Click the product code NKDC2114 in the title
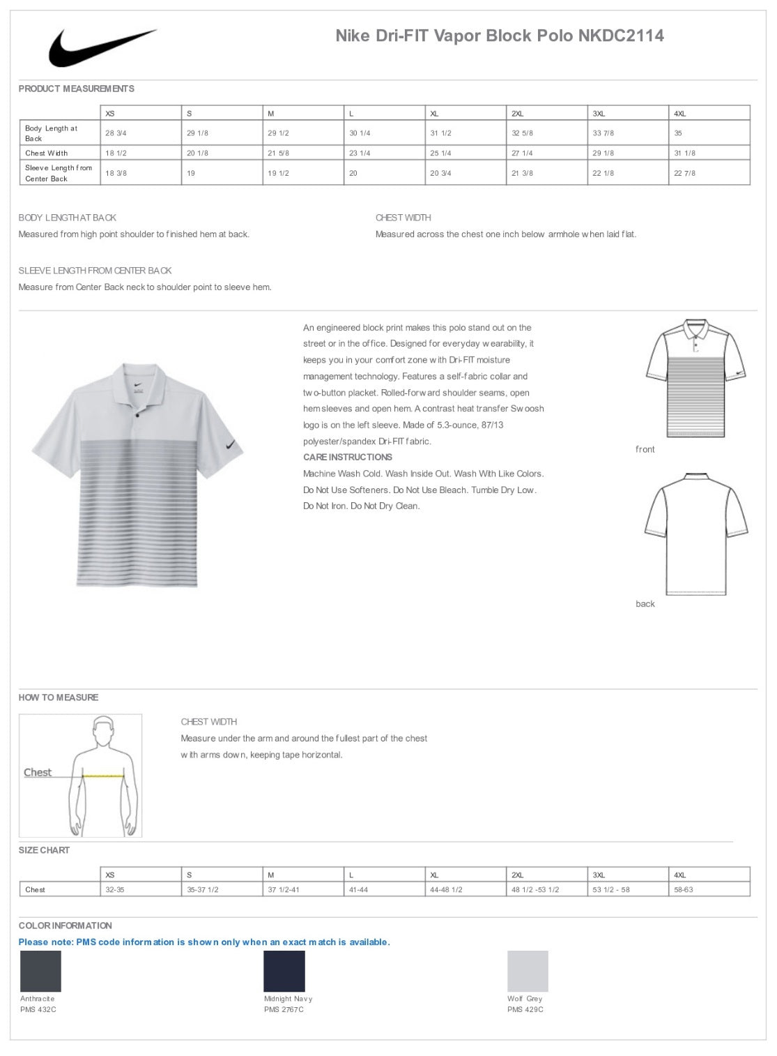click(621, 36)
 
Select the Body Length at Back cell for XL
click(440, 133)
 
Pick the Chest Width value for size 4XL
click(684, 153)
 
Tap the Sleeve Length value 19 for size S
click(191, 173)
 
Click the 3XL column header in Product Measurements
click(599, 114)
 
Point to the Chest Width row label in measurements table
click(47, 153)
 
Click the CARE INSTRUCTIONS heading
click(347, 458)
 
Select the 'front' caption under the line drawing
click(645, 450)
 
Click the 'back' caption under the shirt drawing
click(645, 604)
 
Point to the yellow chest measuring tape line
click(103, 776)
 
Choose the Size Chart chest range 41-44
click(358, 890)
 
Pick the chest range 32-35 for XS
click(115, 890)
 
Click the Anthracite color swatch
click(40, 971)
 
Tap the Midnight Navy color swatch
click(284, 971)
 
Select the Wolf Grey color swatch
click(528, 971)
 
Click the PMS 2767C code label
click(284, 1010)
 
